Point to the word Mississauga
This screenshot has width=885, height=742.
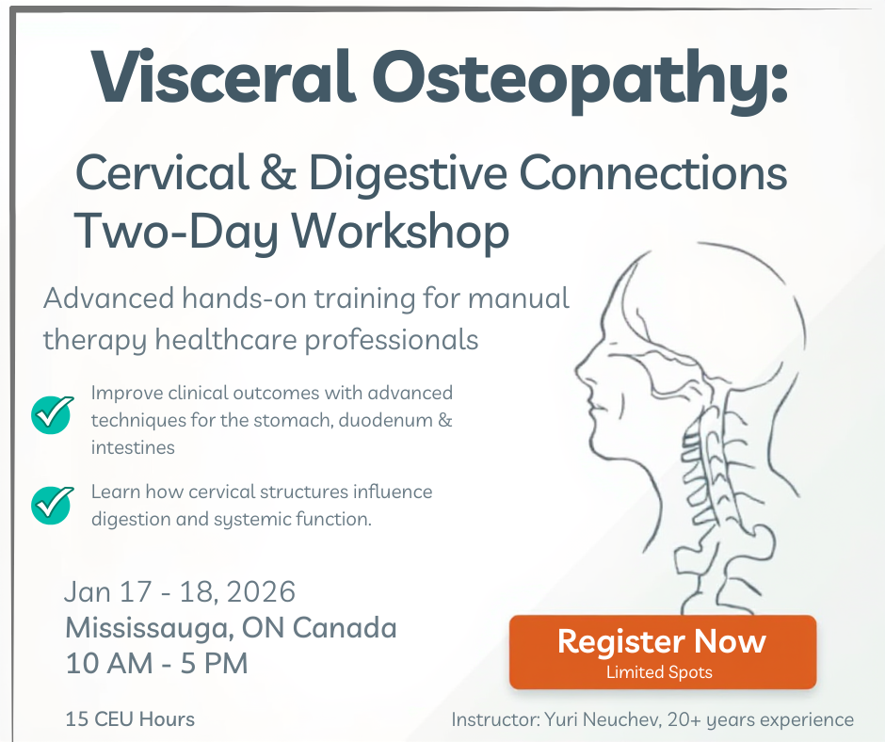pos(150,627)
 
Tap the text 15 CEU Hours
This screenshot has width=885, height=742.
pos(130,719)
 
